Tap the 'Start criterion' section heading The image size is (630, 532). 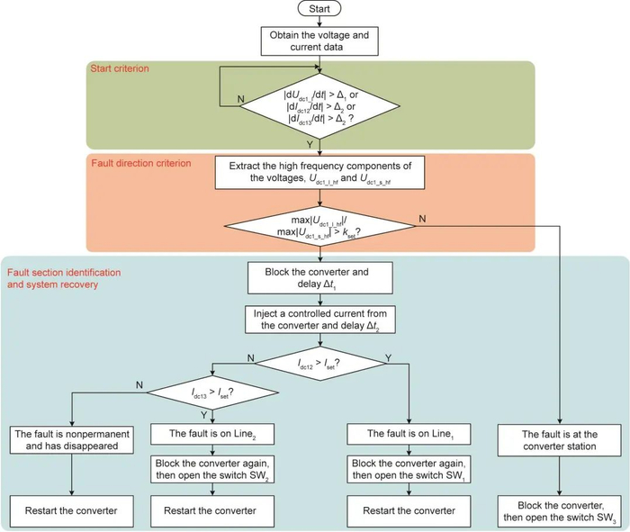pyautogui.click(x=120, y=68)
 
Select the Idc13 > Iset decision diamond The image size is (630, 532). pyautogui.click(x=211, y=393)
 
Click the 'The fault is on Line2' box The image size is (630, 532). pyautogui.click(x=211, y=433)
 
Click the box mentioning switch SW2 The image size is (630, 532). pyautogui.click(x=211, y=471)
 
